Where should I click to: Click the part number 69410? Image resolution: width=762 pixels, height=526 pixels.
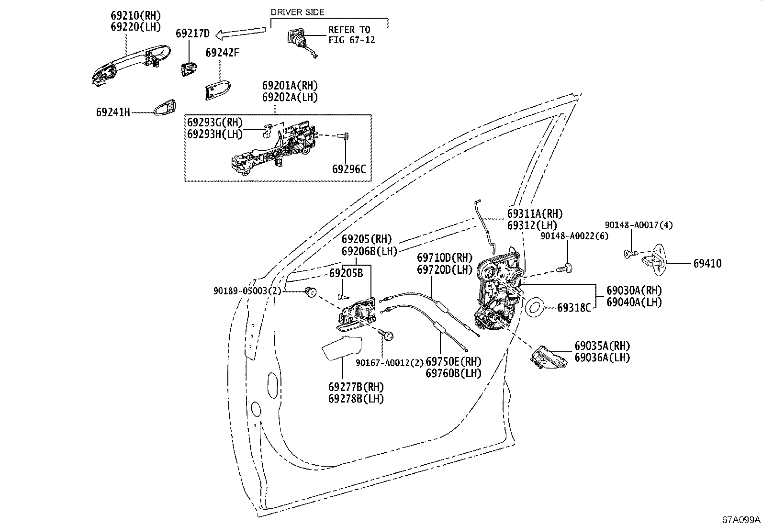point(707,263)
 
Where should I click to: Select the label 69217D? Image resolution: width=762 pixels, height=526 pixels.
point(192,34)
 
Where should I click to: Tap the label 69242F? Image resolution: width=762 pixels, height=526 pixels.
point(222,52)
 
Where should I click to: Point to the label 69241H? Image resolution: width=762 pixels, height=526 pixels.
point(113,112)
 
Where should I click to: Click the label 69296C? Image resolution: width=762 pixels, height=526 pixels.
point(348,169)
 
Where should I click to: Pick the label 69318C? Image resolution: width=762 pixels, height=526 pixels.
point(574,308)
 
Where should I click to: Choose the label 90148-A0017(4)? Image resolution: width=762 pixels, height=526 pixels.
point(639,225)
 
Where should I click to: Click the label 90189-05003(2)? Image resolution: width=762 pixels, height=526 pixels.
point(247,291)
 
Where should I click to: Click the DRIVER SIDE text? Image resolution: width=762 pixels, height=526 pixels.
point(297,12)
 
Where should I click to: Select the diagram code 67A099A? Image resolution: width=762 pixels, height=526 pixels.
point(741,519)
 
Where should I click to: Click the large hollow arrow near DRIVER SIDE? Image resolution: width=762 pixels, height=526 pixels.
point(241,34)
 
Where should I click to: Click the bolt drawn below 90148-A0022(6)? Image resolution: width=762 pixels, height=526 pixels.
point(566,268)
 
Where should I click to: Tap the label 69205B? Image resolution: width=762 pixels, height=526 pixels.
point(346,273)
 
